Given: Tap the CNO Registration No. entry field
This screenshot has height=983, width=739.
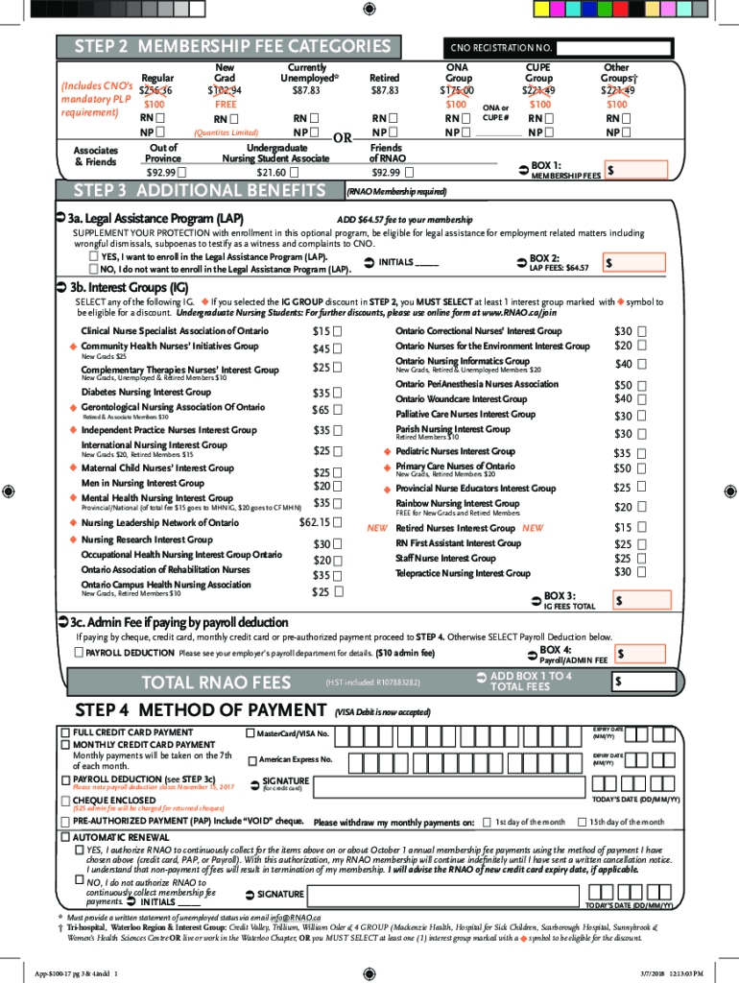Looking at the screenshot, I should click(x=615, y=48).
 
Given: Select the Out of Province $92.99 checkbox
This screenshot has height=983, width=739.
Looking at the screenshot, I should click(x=182, y=173).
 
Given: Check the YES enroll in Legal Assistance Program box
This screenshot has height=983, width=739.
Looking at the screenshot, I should click(x=93, y=257).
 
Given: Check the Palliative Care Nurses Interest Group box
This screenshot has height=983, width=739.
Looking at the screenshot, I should click(x=642, y=415).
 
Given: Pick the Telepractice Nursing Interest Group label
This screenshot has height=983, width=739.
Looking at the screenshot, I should click(x=463, y=573).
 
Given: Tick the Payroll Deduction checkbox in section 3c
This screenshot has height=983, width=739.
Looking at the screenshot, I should click(x=79, y=653).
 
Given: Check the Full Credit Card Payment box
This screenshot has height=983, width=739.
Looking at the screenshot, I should click(x=65, y=732).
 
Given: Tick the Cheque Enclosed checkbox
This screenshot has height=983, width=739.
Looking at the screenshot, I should click(x=65, y=800).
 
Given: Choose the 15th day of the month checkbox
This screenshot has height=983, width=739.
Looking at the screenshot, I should click(x=582, y=822).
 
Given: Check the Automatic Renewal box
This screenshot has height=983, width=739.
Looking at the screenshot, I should click(x=65, y=837).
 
